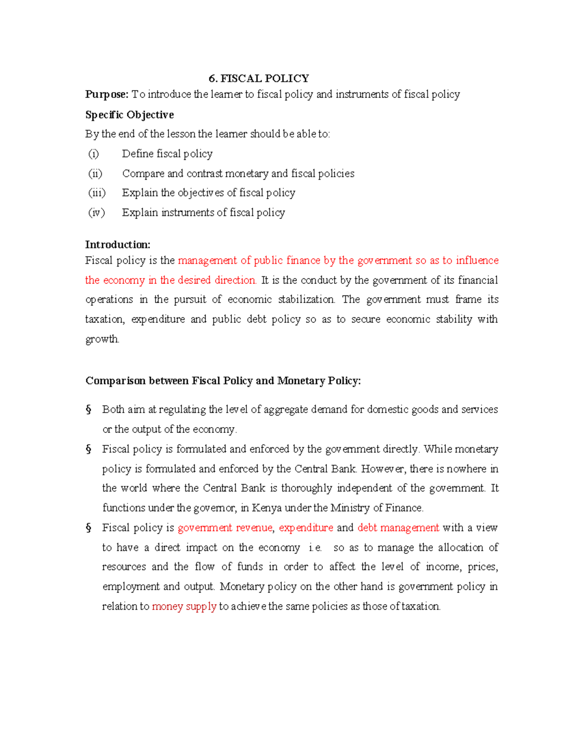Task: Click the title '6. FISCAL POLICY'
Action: tap(259, 78)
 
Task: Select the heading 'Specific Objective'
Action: tap(129, 115)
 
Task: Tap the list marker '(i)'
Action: tap(93, 154)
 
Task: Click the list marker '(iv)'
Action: tap(96, 213)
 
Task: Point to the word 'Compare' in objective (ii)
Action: tap(143, 173)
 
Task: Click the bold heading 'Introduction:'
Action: tap(118, 245)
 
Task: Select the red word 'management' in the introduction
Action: tap(207, 261)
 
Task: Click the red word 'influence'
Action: tap(477, 261)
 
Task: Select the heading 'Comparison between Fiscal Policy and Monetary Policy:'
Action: tap(223, 381)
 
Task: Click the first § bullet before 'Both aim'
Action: tap(89, 410)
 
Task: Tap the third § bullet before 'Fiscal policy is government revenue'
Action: tap(89, 528)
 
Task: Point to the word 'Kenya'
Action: tap(267, 508)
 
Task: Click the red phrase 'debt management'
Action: tap(398, 528)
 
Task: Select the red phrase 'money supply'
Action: tap(184, 606)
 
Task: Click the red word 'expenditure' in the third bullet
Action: tap(306, 528)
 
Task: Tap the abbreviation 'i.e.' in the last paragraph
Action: tap(315, 548)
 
